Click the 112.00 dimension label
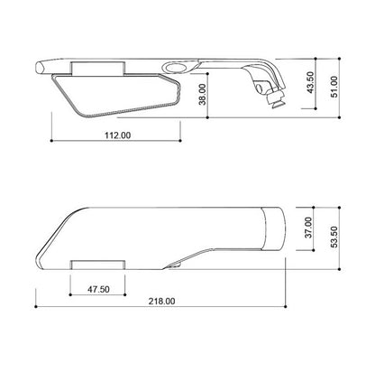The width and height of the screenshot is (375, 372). click(x=117, y=135)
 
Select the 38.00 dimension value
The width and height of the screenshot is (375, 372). click(x=203, y=94)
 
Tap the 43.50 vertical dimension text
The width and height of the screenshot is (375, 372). click(x=310, y=82)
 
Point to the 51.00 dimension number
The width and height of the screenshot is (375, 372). click(x=334, y=87)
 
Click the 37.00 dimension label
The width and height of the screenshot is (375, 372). click(x=308, y=228)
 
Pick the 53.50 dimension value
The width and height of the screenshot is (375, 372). click(x=334, y=237)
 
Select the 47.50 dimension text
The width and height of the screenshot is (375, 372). click(x=98, y=290)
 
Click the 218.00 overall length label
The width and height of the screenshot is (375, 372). click(x=161, y=301)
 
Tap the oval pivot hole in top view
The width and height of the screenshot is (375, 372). click(x=176, y=68)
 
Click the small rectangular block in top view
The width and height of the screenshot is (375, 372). click(x=97, y=69)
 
